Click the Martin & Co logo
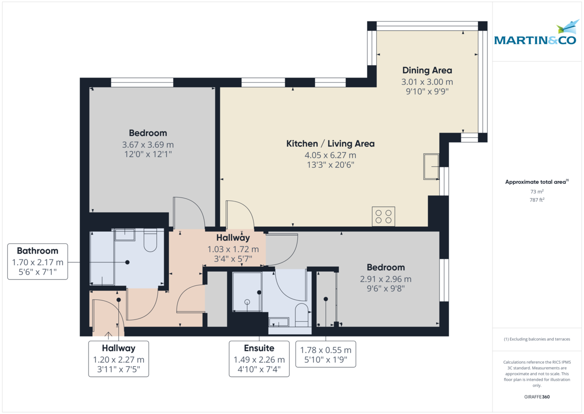pyautogui.click(x=536, y=34)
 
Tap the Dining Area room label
pyautogui.click(x=427, y=70)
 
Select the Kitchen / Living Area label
pyautogui.click(x=330, y=144)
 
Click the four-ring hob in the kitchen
pyautogui.click(x=383, y=216)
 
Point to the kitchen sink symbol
pyautogui.click(x=431, y=167)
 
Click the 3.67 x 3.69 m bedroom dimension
pyautogui.click(x=147, y=145)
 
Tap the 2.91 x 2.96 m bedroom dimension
pyautogui.click(x=385, y=279)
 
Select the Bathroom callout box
pyautogui.click(x=37, y=262)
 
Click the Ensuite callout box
pyautogui.click(x=259, y=360)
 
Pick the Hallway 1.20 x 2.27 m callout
pyautogui.click(x=118, y=359)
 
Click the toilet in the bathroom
pyautogui.click(x=150, y=241)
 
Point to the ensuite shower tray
pyautogui.click(x=247, y=292)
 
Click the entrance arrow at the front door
pyautogui.click(x=108, y=334)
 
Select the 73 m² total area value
pyautogui.click(x=536, y=192)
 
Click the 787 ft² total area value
pyautogui.click(x=536, y=200)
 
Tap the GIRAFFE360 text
pyautogui.click(x=536, y=397)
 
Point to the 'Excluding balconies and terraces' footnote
pyautogui.click(x=536, y=339)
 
